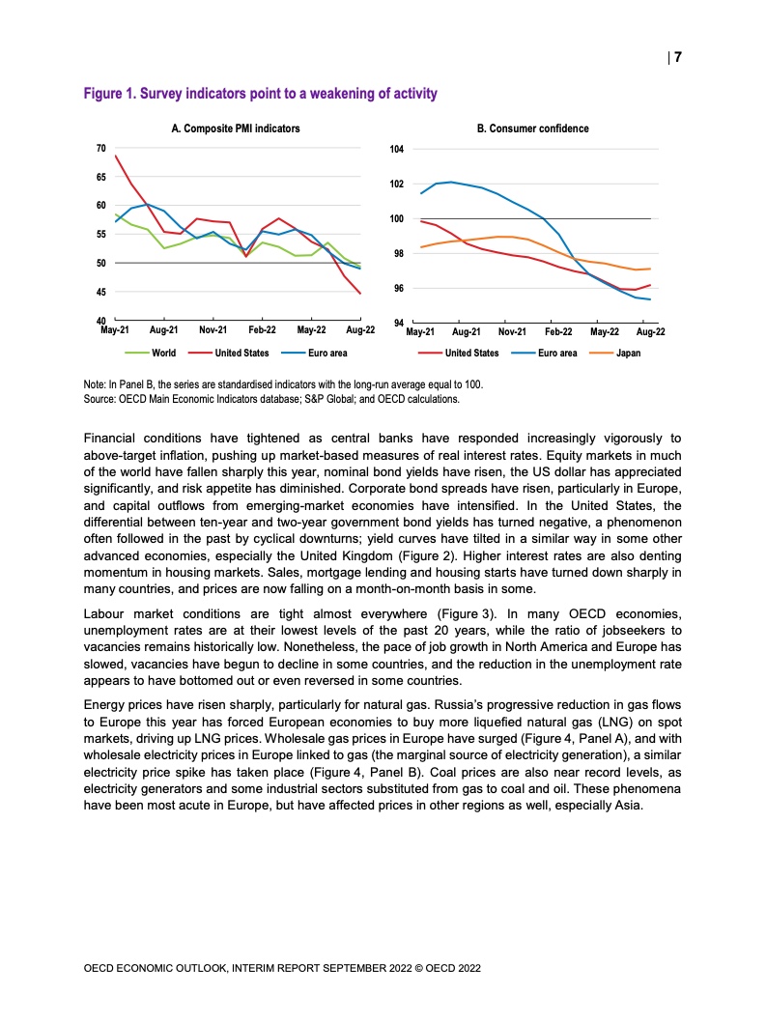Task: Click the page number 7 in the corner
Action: pos(677,57)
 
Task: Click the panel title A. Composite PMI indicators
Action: pos(236,128)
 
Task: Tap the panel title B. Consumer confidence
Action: pos(533,128)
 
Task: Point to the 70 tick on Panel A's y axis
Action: pos(101,148)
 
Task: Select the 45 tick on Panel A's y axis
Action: pos(101,292)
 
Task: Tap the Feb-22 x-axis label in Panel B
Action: pos(559,331)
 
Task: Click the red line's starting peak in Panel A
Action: pos(115,156)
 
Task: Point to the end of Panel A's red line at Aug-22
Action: pos(360,294)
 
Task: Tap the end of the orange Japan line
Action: pos(650,269)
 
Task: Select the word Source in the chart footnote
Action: pos(100,397)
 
